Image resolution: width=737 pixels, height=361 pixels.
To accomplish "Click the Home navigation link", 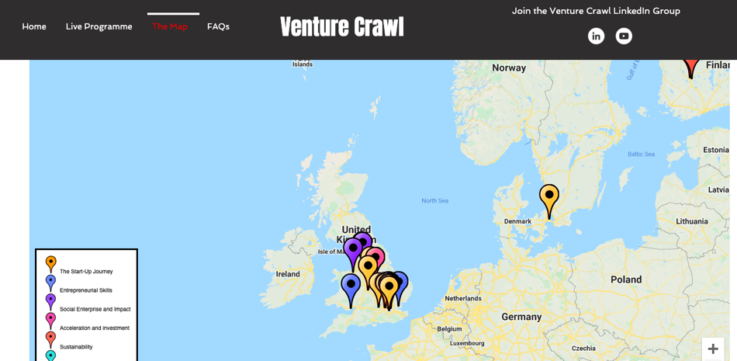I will (x=34, y=26).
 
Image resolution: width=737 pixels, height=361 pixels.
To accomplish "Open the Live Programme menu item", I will (x=99, y=26).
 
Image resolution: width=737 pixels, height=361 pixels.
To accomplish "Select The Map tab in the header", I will (x=170, y=26).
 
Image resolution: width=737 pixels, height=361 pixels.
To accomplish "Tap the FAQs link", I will (x=218, y=26).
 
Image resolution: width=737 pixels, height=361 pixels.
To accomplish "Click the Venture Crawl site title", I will (x=341, y=27).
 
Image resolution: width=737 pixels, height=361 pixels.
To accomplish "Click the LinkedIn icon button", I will (x=596, y=36).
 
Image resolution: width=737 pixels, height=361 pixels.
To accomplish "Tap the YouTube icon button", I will (x=624, y=36).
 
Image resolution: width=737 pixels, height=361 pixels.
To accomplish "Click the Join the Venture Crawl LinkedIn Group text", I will (x=596, y=11).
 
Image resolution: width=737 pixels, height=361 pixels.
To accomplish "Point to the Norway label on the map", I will (x=509, y=68).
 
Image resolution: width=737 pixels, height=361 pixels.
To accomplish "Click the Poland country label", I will (x=626, y=279).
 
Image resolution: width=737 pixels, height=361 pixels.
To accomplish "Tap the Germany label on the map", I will (x=521, y=317).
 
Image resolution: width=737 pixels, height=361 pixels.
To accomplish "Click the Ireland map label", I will (x=288, y=274).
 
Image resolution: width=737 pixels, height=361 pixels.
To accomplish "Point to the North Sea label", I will (x=434, y=201).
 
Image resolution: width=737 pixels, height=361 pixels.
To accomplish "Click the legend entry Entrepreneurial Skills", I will (x=86, y=290).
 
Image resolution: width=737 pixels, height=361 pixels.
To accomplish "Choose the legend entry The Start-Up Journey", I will (x=86, y=272).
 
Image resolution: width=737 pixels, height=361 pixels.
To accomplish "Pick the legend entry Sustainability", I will (x=76, y=347).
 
